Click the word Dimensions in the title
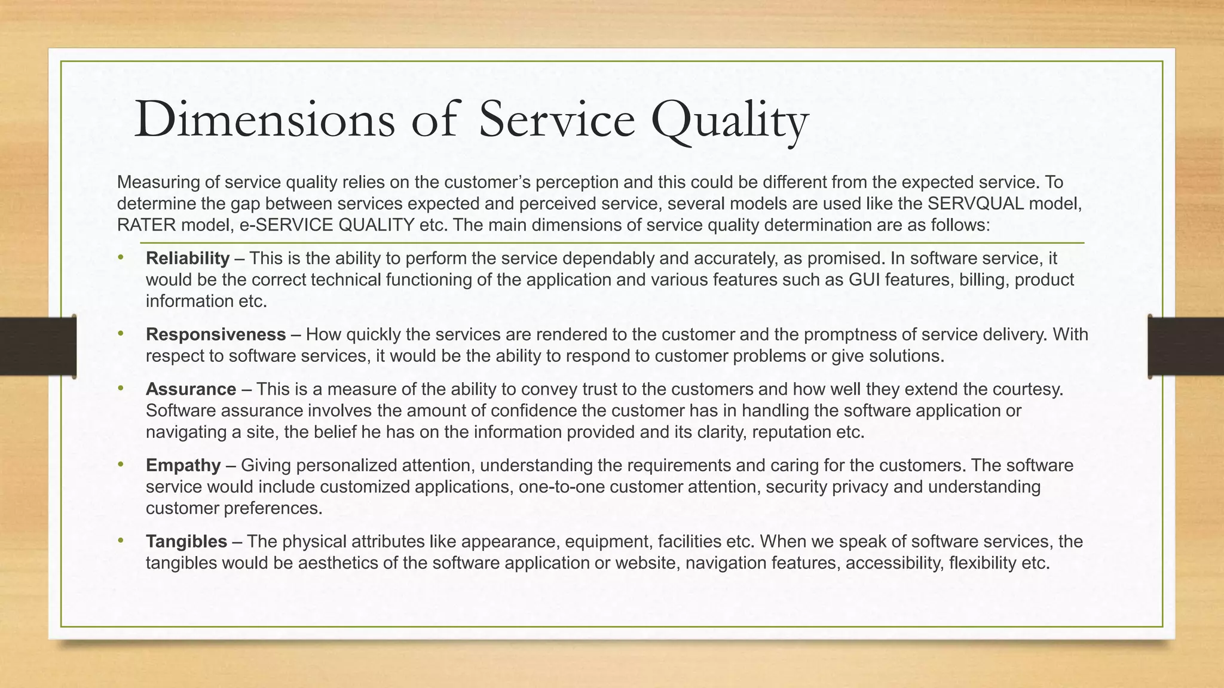[x=265, y=119]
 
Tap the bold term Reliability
[x=188, y=259]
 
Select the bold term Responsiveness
[x=216, y=334]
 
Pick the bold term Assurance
[x=191, y=389]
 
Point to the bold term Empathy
[x=183, y=465]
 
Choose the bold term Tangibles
[x=186, y=542]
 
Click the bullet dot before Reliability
[x=121, y=257]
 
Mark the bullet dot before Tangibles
[x=121, y=540]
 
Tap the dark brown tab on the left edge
[x=37, y=346]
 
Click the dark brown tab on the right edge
[x=1186, y=346]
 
